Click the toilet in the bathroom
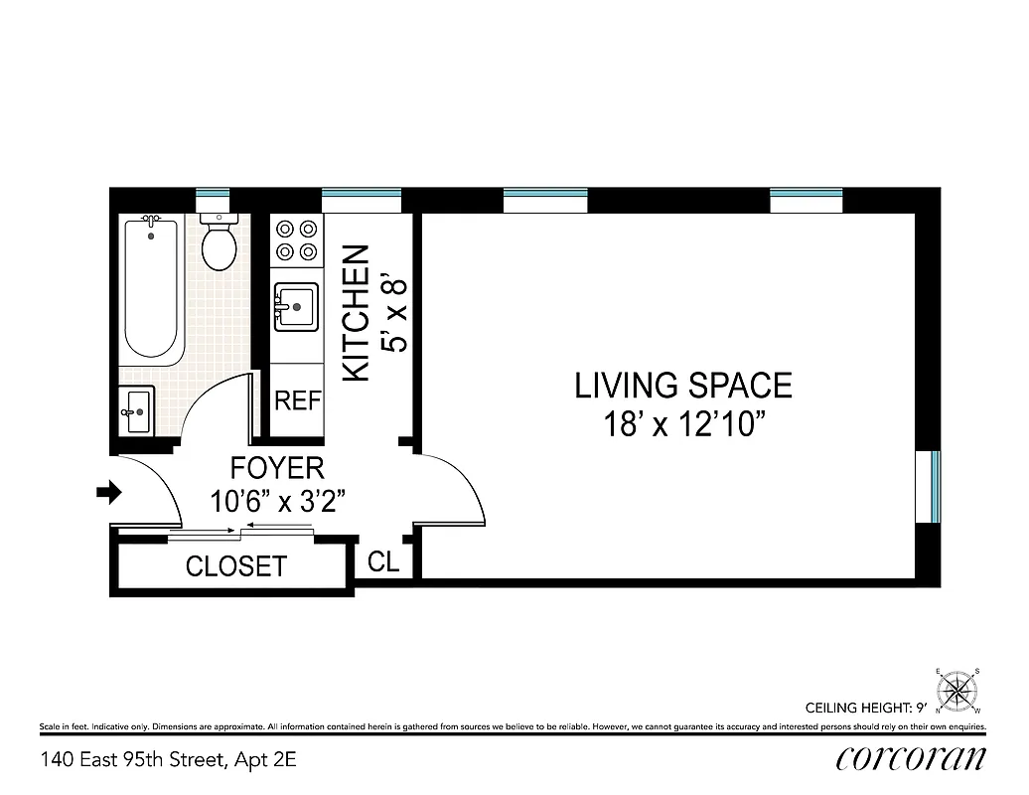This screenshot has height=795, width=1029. [x=218, y=244]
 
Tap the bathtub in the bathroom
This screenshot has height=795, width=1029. [x=151, y=288]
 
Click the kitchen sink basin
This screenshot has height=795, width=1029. [x=296, y=306]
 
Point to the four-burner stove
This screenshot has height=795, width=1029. [x=296, y=239]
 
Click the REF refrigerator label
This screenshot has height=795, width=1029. [x=298, y=400]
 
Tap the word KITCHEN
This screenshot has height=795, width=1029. [x=356, y=313]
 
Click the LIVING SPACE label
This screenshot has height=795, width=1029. [x=683, y=385]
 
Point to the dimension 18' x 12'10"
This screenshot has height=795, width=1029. [x=683, y=424]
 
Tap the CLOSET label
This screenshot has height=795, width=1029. [x=236, y=566]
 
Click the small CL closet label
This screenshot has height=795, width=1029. [x=383, y=561]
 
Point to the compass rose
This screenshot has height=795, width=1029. [x=958, y=689]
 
